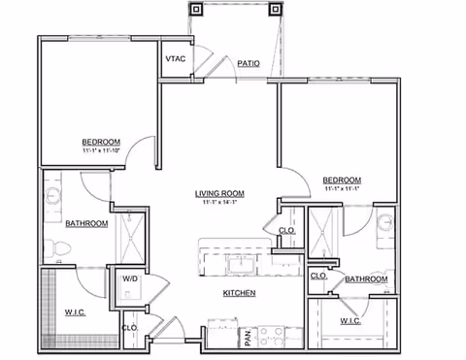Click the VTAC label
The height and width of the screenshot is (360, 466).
click(x=175, y=59)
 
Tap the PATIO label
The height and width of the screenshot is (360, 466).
click(x=249, y=64)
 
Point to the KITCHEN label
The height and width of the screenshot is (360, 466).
click(x=240, y=292)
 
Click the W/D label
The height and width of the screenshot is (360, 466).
click(x=128, y=281)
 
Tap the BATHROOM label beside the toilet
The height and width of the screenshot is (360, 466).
click(x=85, y=224)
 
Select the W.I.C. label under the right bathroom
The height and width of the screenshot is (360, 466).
click(x=350, y=321)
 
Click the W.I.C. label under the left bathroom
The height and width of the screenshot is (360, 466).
click(x=77, y=312)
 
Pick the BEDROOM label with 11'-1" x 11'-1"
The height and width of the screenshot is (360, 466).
click(x=342, y=180)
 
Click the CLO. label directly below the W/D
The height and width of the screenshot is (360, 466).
click(x=128, y=328)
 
